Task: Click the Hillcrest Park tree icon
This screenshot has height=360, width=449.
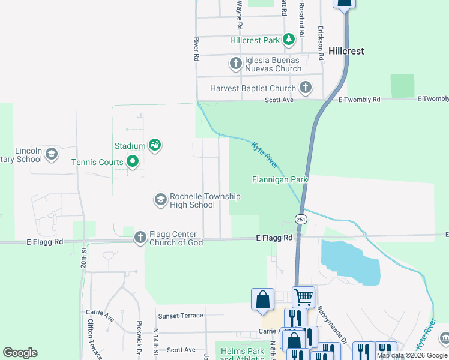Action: (x=289, y=40)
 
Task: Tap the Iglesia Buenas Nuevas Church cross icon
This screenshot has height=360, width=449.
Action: (x=236, y=63)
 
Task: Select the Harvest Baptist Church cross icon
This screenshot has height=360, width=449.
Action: (x=306, y=88)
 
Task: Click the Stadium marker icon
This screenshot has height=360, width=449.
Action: (x=155, y=145)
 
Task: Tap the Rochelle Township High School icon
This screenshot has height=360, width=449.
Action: (x=160, y=200)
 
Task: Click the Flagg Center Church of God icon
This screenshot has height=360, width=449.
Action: (x=140, y=238)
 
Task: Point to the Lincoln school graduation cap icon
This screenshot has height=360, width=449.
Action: (x=52, y=154)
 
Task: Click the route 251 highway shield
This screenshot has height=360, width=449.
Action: (x=300, y=220)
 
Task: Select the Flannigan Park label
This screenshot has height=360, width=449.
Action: (x=279, y=179)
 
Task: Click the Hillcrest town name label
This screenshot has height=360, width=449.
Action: (x=346, y=51)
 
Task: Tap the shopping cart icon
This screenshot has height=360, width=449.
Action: (x=303, y=297)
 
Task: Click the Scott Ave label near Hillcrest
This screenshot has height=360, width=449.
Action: (x=279, y=100)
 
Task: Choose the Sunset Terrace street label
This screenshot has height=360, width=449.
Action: (x=181, y=316)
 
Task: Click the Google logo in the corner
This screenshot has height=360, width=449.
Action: (x=20, y=353)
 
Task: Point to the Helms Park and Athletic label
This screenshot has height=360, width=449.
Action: (x=242, y=354)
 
